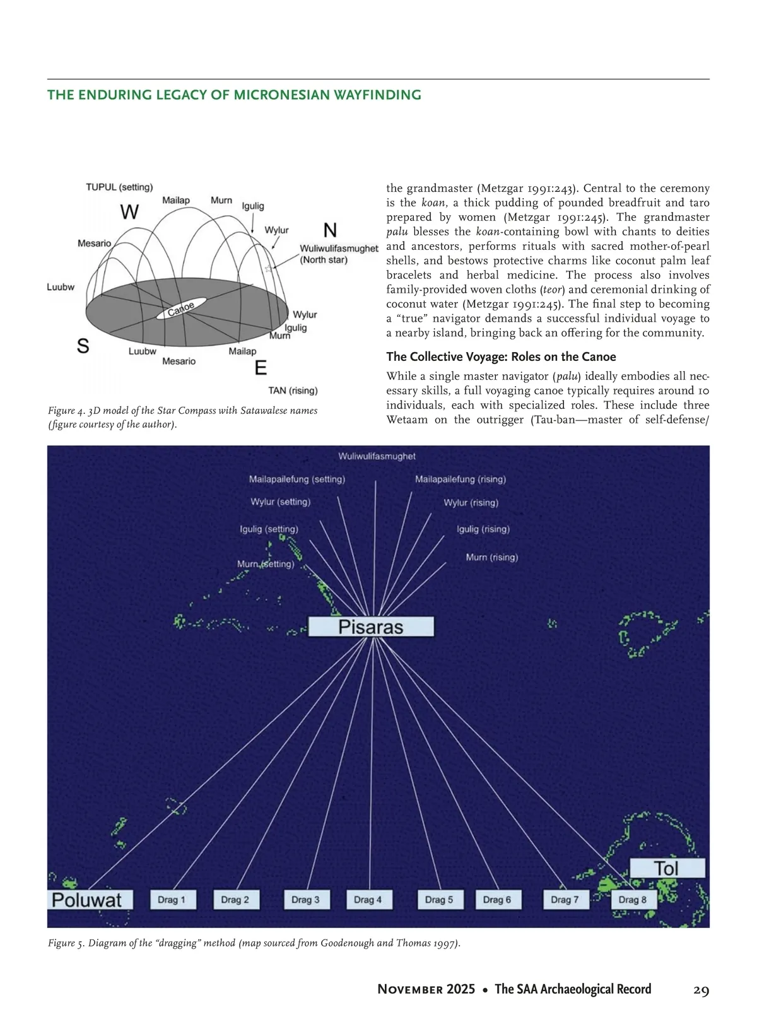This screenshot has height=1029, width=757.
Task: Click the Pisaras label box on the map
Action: (371, 626)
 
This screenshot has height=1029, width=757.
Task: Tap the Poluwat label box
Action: (90, 900)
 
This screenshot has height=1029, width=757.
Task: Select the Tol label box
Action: (667, 869)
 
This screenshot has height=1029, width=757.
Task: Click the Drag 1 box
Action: (172, 900)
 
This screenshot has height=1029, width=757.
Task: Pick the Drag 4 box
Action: (368, 900)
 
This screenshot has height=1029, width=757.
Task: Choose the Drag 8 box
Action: (633, 900)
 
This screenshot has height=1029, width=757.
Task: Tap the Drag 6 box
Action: (497, 900)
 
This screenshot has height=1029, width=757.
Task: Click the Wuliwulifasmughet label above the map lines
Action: (377, 456)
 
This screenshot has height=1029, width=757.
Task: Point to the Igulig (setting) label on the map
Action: (269, 529)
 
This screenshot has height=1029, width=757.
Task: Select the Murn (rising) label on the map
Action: (491, 557)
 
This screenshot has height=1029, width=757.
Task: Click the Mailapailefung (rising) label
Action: (461, 479)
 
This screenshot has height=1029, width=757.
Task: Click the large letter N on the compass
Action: (330, 230)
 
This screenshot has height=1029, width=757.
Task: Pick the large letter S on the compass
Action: (83, 346)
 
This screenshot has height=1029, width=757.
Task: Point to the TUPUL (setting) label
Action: (119, 187)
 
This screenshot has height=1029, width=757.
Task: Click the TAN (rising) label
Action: (293, 391)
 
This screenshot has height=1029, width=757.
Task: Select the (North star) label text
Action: (324, 260)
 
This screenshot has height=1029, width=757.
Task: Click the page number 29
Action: (701, 990)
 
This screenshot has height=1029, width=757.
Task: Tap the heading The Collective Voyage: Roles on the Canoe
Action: (501, 356)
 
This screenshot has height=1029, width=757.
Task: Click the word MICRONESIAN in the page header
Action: (283, 95)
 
